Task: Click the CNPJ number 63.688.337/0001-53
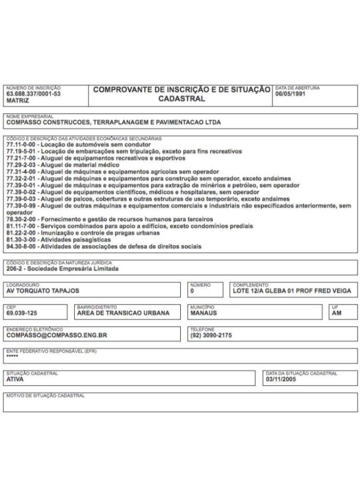34,94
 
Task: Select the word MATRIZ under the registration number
18,100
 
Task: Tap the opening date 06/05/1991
290,94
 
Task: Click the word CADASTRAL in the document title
181,99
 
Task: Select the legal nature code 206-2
15,269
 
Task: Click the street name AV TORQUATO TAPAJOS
43,291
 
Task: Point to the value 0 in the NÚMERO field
192,291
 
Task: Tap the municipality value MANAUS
204,313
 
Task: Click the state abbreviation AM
337,313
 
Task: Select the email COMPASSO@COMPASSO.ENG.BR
57,335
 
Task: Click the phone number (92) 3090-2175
211,335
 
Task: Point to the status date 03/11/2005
281,379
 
